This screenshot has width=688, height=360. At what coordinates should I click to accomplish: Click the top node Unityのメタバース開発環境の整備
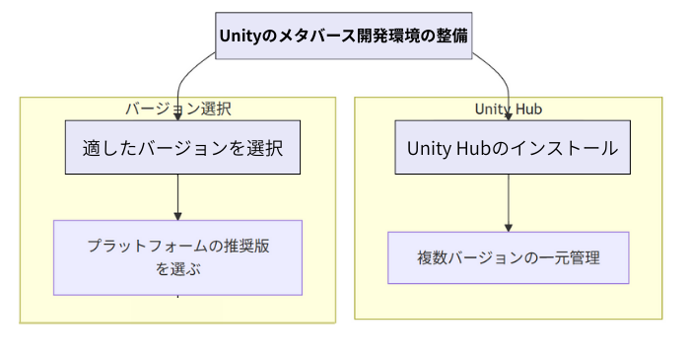[343, 36]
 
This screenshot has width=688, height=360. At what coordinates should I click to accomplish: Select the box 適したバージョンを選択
[182, 148]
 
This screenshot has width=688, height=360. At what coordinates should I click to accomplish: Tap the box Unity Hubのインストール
[512, 148]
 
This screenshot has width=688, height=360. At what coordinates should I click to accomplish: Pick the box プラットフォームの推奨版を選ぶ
[177, 257]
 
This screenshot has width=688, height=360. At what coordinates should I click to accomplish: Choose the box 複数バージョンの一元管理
[508, 257]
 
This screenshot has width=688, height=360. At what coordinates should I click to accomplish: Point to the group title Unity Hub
[508, 108]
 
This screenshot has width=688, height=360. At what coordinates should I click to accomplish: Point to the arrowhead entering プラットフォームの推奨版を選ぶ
[177, 215]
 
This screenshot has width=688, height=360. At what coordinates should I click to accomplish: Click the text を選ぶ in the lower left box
[177, 268]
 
